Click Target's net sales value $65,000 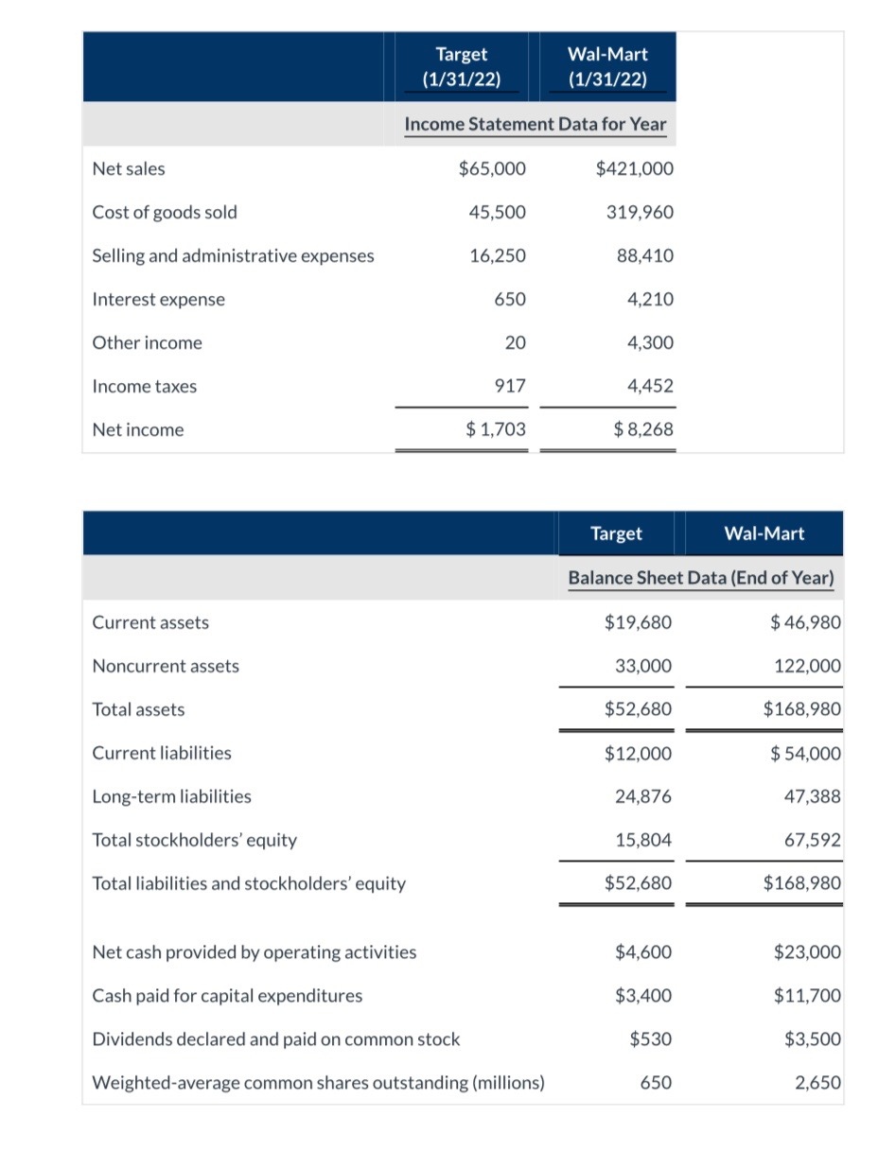click(492, 169)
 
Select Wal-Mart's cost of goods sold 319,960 click(640, 213)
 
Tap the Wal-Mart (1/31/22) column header click(607, 67)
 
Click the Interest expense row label click(159, 300)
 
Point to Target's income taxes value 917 click(511, 387)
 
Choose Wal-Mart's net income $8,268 click(643, 430)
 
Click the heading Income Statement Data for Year click(535, 124)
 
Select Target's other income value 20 click(515, 343)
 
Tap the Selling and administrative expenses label click(233, 256)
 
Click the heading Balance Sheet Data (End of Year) click(701, 578)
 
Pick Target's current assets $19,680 click(638, 622)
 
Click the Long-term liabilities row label click(171, 796)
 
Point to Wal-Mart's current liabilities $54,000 click(805, 754)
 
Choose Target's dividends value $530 click(650, 1039)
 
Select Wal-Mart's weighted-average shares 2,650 click(818, 1083)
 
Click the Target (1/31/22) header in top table click(462, 67)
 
